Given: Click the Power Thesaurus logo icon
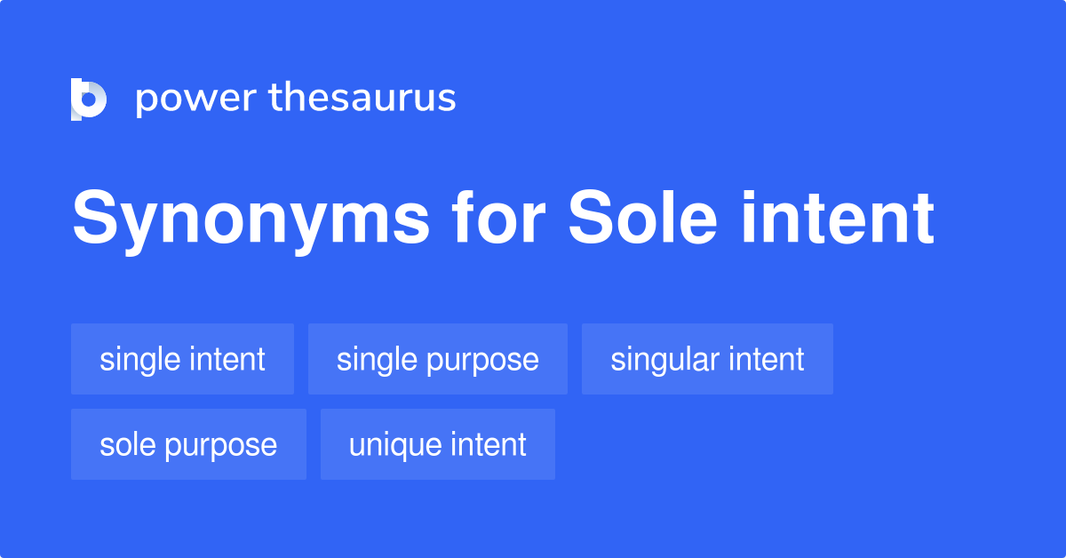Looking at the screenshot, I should pyautogui.click(x=89, y=99).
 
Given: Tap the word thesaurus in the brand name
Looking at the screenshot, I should pyautogui.click(x=362, y=98).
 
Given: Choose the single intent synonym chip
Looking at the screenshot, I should pyautogui.click(x=182, y=359).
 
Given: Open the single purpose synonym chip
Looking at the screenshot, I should pyautogui.click(x=437, y=359).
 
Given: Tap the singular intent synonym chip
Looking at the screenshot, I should pyautogui.click(x=707, y=359).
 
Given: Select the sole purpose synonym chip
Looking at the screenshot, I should pyautogui.click(x=188, y=444).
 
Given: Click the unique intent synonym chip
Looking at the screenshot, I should pyautogui.click(x=437, y=444).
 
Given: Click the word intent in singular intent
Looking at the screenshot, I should pyautogui.click(x=767, y=359).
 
